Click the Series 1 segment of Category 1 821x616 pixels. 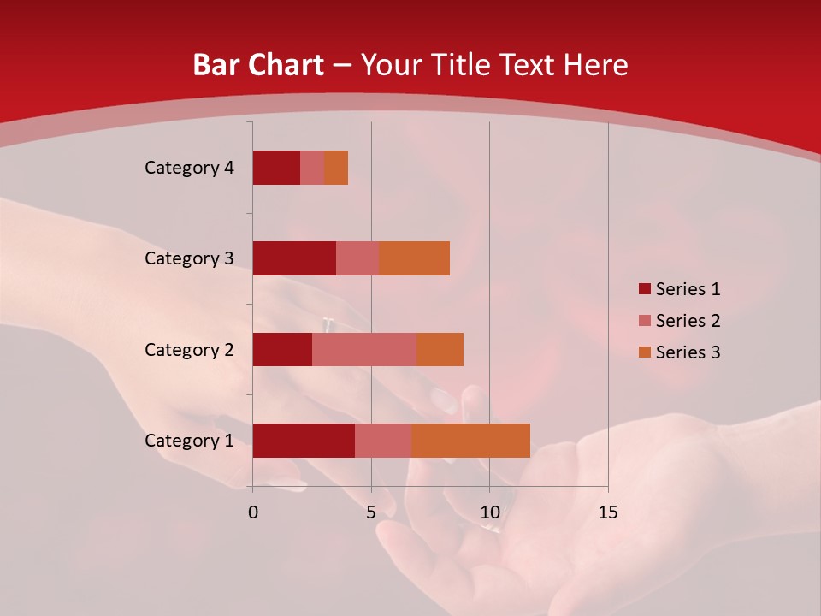(304, 440)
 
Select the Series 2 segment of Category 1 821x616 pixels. (383, 440)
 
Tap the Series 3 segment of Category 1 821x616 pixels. (470, 440)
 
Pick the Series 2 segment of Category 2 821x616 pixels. (364, 349)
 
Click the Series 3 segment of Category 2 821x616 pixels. (440, 349)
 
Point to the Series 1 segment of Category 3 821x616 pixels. (294, 258)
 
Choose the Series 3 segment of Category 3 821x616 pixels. (414, 258)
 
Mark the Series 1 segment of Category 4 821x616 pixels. (276, 168)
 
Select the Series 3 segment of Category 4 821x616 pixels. (336, 168)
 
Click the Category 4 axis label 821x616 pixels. (189, 168)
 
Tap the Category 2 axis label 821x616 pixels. (189, 349)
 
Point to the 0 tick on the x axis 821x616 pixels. (253, 512)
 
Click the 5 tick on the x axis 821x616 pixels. (371, 512)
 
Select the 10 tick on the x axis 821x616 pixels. (489, 512)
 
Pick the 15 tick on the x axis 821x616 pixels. (608, 512)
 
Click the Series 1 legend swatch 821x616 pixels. (644, 289)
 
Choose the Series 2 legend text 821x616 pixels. (688, 321)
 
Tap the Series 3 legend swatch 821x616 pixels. (644, 352)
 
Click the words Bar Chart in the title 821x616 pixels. (258, 65)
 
